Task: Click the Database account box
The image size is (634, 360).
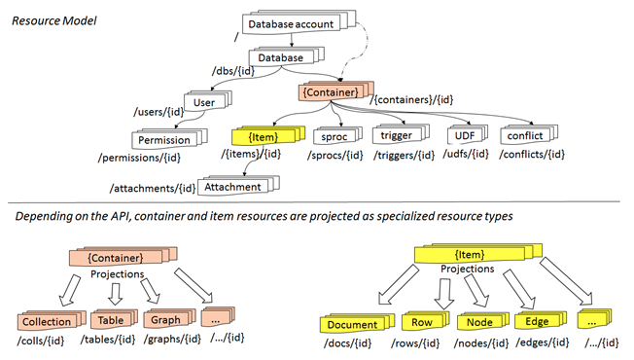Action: (x=291, y=23)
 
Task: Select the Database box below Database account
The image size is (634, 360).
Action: (x=280, y=58)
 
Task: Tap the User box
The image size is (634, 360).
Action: (x=204, y=101)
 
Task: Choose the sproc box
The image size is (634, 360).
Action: (x=333, y=137)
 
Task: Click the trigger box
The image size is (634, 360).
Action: (x=396, y=137)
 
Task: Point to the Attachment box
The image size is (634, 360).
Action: (x=234, y=187)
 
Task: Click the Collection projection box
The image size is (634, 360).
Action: (x=47, y=322)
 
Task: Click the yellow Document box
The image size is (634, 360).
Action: (x=352, y=325)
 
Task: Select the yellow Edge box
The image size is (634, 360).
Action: (x=537, y=322)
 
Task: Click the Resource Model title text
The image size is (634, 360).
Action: (x=53, y=19)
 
